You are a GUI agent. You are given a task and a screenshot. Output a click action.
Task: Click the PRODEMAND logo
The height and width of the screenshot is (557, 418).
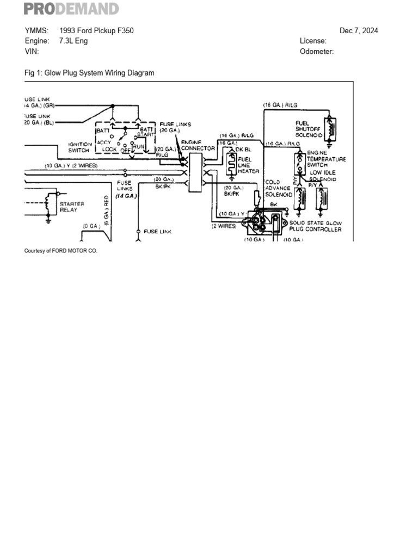tap(71, 9)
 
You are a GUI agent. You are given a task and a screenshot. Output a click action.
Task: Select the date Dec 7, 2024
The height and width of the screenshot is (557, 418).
tap(358, 30)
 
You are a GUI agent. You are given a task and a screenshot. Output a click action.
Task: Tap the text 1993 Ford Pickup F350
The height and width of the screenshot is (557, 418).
tap(96, 30)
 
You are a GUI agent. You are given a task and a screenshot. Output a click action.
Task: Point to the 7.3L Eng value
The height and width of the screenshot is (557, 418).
tap(73, 41)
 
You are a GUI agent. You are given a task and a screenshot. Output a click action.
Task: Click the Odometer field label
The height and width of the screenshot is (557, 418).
tap(316, 52)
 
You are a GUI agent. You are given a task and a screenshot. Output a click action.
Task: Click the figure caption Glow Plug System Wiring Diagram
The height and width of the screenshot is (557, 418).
tap(90, 73)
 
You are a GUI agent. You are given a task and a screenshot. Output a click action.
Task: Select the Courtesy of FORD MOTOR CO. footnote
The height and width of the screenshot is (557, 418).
tap(61, 251)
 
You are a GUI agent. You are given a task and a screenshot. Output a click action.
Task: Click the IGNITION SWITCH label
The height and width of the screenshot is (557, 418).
tap(80, 147)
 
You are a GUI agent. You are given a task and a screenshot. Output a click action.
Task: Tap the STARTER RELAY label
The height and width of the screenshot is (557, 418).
tap(72, 206)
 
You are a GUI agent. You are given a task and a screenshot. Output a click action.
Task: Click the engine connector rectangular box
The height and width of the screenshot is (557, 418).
tap(195, 172)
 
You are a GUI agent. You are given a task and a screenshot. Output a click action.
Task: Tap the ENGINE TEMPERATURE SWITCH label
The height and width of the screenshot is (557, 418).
tap(326, 159)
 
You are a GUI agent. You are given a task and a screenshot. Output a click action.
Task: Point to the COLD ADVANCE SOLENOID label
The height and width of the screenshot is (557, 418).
tap(278, 188)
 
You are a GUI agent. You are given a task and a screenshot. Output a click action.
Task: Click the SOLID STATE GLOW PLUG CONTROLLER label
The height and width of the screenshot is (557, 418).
tap(315, 226)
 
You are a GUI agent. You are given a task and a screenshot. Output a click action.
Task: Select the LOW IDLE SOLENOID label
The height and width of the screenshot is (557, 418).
tap(323, 176)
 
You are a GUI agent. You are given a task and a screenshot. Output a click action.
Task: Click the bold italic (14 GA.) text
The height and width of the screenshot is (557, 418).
tap(125, 195)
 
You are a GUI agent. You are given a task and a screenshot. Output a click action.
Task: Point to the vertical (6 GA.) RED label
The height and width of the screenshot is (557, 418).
tap(107, 209)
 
